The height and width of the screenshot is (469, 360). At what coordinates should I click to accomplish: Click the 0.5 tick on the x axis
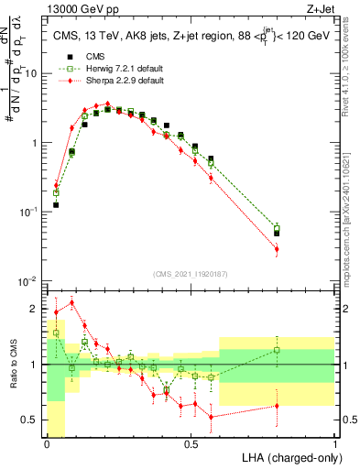click(191, 444)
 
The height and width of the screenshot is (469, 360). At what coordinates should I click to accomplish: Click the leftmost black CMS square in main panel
click(56, 205)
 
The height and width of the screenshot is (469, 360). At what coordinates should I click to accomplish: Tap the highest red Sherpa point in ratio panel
click(71, 302)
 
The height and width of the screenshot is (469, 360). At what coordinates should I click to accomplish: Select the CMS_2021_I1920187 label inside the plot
click(191, 275)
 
